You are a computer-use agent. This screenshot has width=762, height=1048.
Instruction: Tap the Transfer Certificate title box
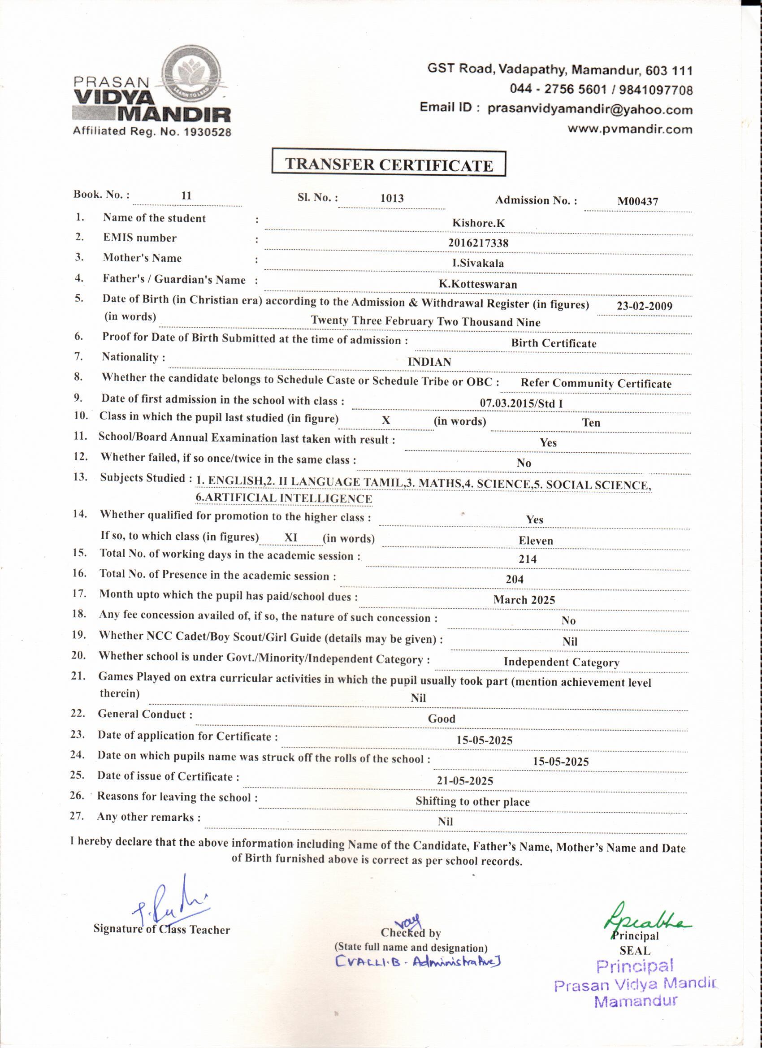click(x=389, y=165)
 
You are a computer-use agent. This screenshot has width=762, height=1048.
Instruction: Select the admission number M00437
click(x=638, y=201)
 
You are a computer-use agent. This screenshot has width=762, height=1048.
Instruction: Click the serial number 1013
click(x=392, y=198)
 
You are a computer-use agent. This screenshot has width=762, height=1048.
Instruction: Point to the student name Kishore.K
click(x=478, y=223)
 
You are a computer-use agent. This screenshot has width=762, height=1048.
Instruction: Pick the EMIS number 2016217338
click(x=478, y=243)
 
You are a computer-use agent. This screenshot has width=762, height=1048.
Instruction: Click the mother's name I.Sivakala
click(x=478, y=264)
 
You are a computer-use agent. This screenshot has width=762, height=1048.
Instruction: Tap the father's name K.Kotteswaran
click(x=478, y=284)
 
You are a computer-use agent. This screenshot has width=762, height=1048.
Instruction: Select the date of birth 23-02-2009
click(x=644, y=306)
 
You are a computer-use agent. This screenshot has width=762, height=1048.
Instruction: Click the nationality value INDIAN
click(x=429, y=362)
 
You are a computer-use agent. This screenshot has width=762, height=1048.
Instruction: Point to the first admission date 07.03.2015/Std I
click(x=521, y=403)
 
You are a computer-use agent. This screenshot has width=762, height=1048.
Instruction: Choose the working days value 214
click(x=527, y=559)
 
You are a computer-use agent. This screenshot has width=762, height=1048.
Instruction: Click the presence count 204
click(x=514, y=580)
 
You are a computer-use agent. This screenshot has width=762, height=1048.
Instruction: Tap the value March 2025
click(x=524, y=600)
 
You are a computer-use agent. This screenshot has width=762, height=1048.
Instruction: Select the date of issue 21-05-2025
click(x=465, y=781)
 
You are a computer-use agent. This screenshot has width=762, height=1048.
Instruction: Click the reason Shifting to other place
click(x=472, y=801)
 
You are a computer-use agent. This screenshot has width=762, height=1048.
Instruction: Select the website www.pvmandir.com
click(x=630, y=130)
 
